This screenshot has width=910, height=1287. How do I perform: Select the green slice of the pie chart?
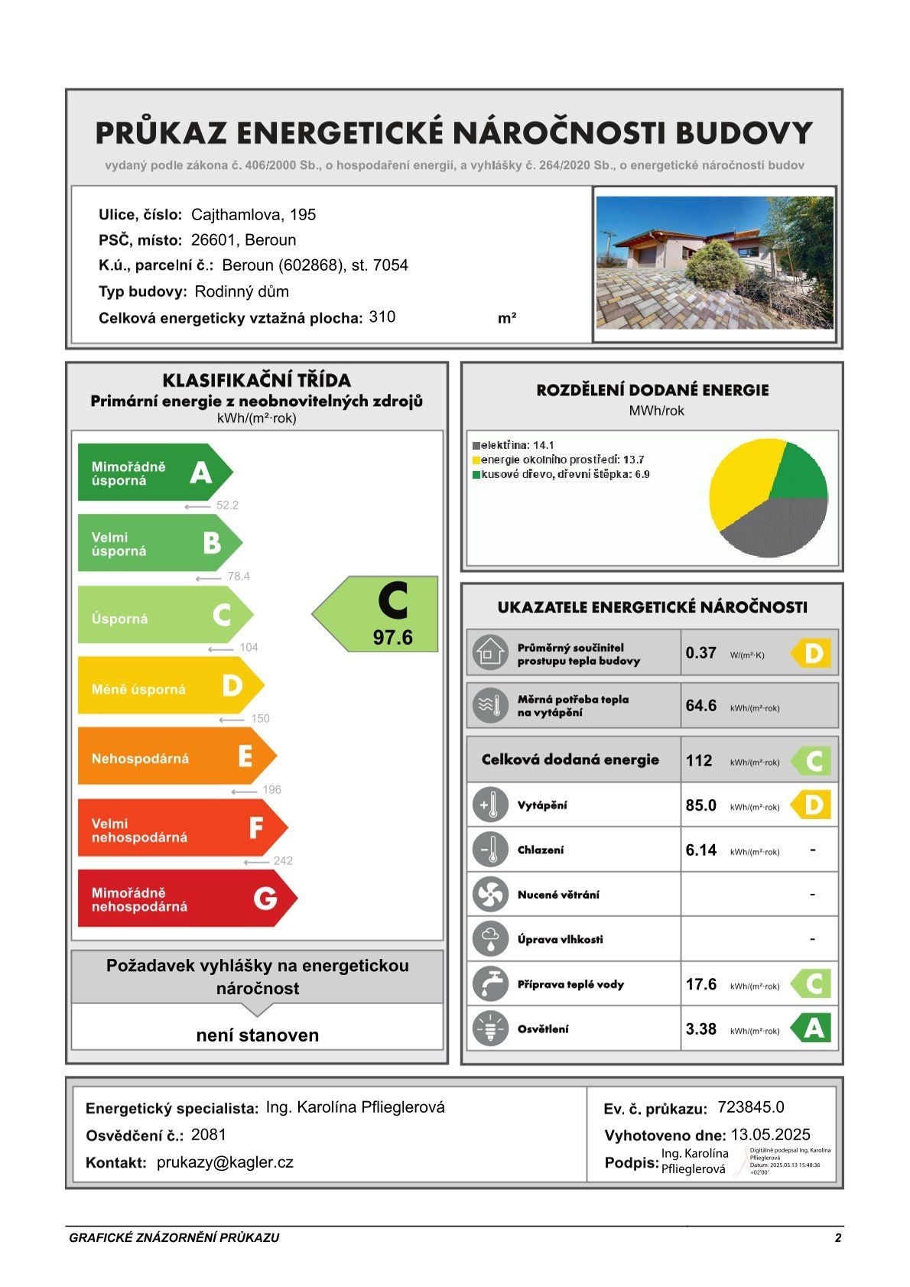(x=799, y=474)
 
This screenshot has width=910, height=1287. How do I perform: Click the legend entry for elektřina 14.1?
(x=513, y=445)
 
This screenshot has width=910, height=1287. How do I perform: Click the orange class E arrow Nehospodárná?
(x=176, y=757)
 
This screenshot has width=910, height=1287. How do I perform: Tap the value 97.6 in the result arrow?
(x=393, y=638)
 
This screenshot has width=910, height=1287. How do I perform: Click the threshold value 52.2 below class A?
(x=227, y=505)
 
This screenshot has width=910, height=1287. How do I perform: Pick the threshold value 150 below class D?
(x=260, y=719)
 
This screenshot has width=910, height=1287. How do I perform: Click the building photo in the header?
(x=714, y=262)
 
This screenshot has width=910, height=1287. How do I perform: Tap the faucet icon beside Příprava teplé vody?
(x=490, y=984)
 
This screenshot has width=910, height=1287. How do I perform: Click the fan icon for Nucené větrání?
(x=490, y=895)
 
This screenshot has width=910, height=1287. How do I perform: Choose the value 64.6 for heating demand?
(x=700, y=706)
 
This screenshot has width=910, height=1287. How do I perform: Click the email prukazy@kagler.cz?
(x=225, y=1162)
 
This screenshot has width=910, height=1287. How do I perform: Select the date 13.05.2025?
(x=770, y=1135)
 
